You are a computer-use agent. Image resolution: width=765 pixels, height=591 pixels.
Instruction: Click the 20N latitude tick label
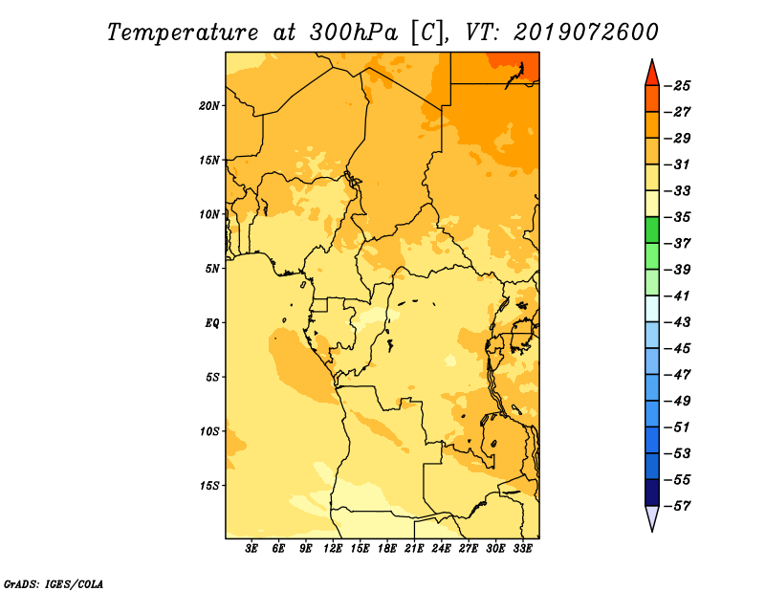coord(209,106)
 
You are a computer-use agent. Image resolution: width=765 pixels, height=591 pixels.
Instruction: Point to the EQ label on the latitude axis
coord(211,323)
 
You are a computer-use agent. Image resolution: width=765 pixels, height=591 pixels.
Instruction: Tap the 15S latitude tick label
coord(209,486)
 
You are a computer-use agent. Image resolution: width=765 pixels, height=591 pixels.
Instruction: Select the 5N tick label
coord(212,269)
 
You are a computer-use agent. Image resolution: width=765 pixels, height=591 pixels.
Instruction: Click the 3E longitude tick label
coord(251,548)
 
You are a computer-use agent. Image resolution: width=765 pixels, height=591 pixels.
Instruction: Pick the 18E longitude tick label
coord(387,548)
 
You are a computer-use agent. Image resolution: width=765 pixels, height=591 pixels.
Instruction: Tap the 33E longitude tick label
coord(522,548)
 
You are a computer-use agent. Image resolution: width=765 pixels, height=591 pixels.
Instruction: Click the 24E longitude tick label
coord(441,548)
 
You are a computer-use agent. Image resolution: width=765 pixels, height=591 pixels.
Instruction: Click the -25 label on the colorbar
coord(678,86)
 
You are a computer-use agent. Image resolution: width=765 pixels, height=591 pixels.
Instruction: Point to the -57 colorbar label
coord(678,506)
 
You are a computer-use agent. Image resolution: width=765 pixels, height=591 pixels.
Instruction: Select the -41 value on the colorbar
coord(678,295)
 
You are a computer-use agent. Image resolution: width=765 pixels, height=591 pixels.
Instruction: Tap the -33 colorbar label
coord(678,191)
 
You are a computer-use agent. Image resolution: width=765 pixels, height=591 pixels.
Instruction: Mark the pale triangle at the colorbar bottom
coord(652,516)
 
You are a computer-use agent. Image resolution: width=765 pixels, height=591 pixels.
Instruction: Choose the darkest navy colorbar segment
coord(652,492)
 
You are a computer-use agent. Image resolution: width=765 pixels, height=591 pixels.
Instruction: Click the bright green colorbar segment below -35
coord(652,230)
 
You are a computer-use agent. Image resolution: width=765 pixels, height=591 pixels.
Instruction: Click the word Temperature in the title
coord(183,33)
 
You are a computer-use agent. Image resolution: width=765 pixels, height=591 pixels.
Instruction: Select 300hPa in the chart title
coord(354,33)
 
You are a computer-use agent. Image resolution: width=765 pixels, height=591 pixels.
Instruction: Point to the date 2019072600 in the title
coord(586,33)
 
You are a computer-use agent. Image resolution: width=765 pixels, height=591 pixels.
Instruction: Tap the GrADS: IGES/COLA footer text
coord(54,584)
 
